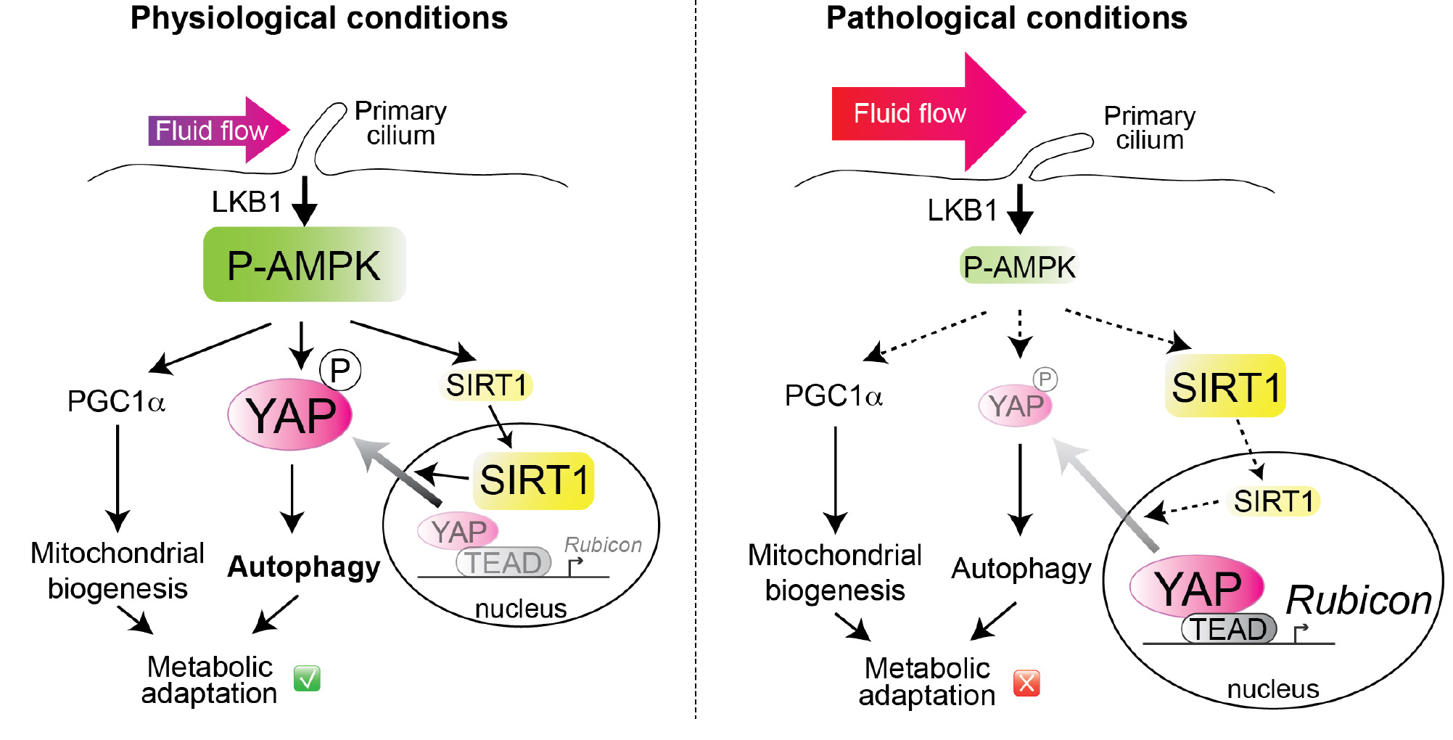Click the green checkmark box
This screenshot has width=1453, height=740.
tap(307, 678)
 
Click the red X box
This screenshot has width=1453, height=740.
tap(1026, 683)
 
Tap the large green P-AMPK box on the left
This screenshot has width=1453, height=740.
tap(304, 265)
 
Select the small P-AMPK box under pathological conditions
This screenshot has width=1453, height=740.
tap(1019, 266)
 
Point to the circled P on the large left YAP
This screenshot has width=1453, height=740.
tap(340, 370)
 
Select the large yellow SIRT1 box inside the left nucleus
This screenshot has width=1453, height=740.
tap(534, 480)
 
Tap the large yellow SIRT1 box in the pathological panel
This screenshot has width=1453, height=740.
tap(1225, 386)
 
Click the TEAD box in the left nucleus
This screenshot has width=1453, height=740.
tap(503, 562)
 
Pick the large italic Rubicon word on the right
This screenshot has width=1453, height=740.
tap(1359, 600)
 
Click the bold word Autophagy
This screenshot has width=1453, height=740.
tap(303, 567)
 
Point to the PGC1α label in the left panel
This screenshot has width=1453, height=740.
tap(116, 401)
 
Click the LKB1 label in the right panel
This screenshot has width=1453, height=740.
tap(963, 210)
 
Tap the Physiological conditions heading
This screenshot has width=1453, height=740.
tap(318, 18)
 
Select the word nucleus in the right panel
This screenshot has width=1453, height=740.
tap(1272, 688)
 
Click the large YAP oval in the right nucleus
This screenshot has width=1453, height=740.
tap(1197, 588)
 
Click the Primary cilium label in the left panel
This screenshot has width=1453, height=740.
tap(400, 123)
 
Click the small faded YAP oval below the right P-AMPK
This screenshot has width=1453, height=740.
tap(1016, 406)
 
